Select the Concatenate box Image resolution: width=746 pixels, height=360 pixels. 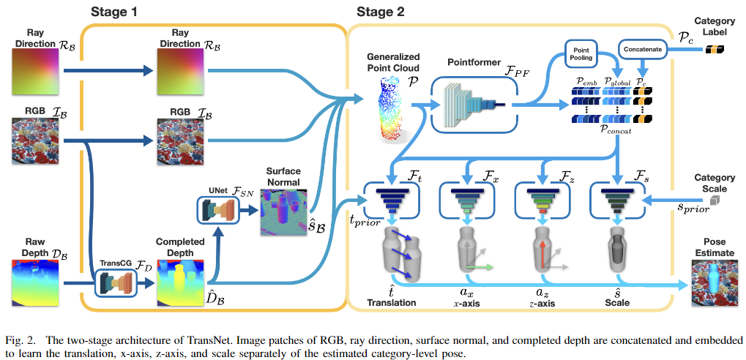(642, 50)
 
